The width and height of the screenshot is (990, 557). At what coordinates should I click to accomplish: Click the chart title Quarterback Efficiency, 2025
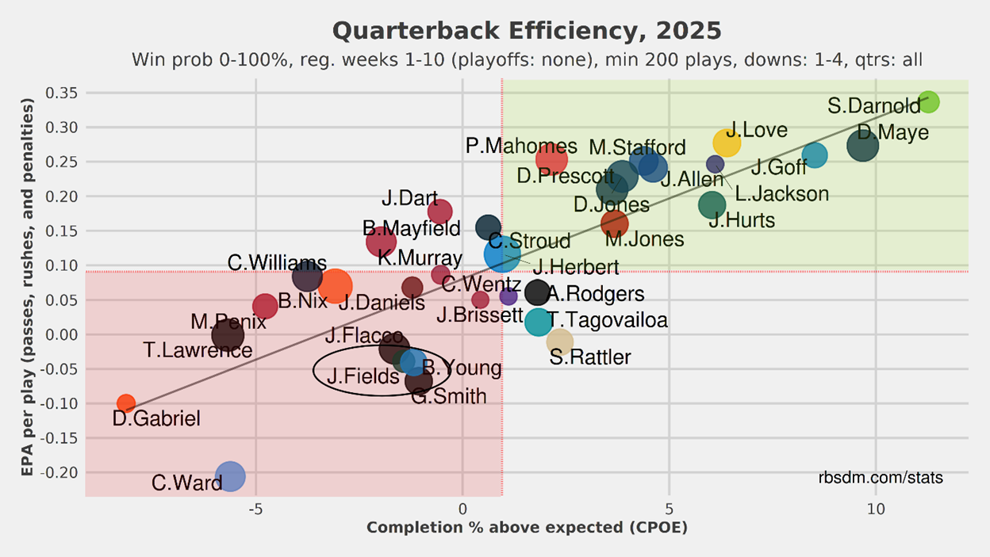[527, 31]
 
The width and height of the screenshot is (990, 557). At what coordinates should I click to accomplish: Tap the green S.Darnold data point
[928, 101]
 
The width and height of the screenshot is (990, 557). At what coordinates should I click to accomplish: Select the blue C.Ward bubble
[230, 476]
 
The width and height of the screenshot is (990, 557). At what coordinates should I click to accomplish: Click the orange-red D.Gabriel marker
[125, 403]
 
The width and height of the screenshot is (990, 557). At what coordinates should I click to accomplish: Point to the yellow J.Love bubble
[727, 143]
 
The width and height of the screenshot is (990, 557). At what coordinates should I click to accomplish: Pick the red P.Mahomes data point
[551, 158]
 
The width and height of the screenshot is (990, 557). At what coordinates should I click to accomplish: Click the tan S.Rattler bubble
[559, 341]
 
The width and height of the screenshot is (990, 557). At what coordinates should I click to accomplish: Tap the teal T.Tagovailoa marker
[538, 321]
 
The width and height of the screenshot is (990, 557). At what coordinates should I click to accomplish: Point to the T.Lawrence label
[198, 349]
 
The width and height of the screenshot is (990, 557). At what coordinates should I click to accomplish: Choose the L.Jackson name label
[781, 193]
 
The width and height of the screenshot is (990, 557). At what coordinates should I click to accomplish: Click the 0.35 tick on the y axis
[60, 93]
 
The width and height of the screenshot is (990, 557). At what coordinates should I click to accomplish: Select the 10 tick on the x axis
[876, 509]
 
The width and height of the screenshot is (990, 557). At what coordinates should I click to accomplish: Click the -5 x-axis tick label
[255, 509]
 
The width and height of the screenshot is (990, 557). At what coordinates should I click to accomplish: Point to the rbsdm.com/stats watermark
[881, 478]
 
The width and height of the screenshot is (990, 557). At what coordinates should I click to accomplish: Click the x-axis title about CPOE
[527, 528]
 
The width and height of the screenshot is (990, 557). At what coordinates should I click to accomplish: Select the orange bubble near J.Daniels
[335, 286]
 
